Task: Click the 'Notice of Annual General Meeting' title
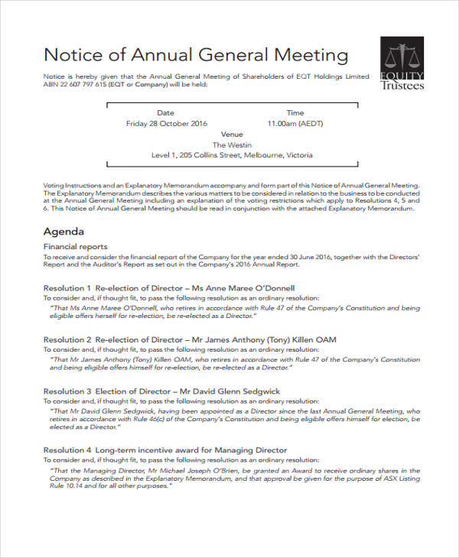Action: coord(196,55)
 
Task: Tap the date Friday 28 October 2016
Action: coord(166,122)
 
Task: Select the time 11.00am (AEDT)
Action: coord(295,122)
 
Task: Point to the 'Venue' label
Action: coord(231,134)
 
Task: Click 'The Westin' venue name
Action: coord(231,144)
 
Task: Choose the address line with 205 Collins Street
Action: coord(231,155)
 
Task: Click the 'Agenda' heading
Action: coord(63,231)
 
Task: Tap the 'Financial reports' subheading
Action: coord(75,247)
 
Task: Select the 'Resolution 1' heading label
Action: coord(67,287)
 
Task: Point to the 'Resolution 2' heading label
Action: coord(67,339)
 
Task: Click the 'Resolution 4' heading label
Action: coord(67,450)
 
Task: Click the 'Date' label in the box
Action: coord(166,112)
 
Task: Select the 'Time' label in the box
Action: coord(295,112)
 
